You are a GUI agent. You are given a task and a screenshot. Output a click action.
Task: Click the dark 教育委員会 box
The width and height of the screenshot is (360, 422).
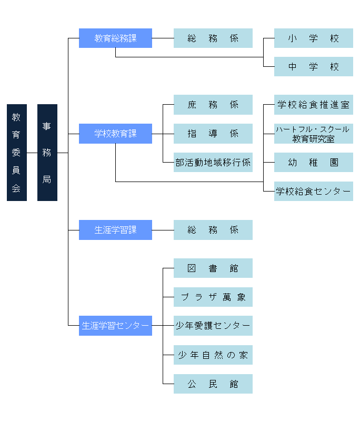(x=16, y=153)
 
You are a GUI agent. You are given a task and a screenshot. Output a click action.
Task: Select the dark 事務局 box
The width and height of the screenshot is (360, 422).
(x=47, y=153)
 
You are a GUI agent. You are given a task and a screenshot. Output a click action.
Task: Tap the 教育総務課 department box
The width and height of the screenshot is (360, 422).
(x=115, y=38)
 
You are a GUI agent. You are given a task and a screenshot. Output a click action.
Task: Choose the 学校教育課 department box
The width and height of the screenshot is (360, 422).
(x=115, y=134)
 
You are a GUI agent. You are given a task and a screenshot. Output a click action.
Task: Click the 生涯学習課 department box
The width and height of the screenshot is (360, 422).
(x=115, y=230)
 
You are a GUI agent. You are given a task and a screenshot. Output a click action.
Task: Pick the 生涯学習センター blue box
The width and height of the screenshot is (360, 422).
(x=115, y=326)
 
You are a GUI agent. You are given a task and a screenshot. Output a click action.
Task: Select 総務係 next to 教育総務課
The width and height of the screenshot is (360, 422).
(x=213, y=38)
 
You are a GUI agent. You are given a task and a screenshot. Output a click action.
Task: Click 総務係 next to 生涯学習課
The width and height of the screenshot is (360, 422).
(x=213, y=230)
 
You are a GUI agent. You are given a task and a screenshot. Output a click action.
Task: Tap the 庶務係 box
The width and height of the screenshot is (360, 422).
(x=213, y=105)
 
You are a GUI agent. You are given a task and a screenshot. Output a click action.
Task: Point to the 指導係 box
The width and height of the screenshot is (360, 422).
(x=213, y=134)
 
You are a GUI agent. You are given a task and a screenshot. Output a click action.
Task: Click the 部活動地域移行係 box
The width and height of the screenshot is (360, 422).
(x=213, y=163)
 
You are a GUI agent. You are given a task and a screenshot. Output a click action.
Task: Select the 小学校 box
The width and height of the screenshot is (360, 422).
(x=313, y=38)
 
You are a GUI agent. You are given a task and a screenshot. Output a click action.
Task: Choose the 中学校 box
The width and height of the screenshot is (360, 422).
(x=313, y=67)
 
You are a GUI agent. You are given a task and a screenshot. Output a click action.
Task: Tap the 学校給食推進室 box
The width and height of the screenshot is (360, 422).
(x=313, y=105)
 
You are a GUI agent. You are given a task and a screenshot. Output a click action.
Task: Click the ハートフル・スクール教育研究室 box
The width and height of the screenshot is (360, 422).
(x=313, y=134)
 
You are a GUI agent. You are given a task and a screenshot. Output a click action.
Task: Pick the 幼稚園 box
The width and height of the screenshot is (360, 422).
(x=313, y=163)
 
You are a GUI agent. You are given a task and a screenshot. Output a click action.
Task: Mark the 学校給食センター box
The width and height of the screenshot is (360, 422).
(x=313, y=192)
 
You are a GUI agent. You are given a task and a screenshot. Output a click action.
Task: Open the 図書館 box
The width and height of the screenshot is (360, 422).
(x=213, y=268)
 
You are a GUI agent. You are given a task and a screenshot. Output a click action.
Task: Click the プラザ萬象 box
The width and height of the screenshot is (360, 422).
(x=213, y=297)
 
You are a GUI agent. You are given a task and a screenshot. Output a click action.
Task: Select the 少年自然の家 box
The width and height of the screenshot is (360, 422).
(x=213, y=355)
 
